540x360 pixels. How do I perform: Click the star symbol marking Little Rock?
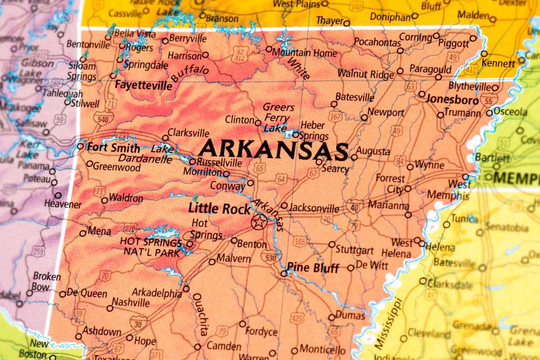(259, 221)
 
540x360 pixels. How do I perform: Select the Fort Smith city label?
(113, 147)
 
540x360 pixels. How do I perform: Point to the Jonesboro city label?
(452, 99)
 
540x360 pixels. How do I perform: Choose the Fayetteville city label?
(143, 85)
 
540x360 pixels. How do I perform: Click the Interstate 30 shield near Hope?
(138, 322)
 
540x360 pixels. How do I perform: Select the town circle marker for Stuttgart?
(332, 244)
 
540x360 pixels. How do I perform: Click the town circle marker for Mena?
(83, 233)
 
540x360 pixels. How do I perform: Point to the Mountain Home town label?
(304, 53)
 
